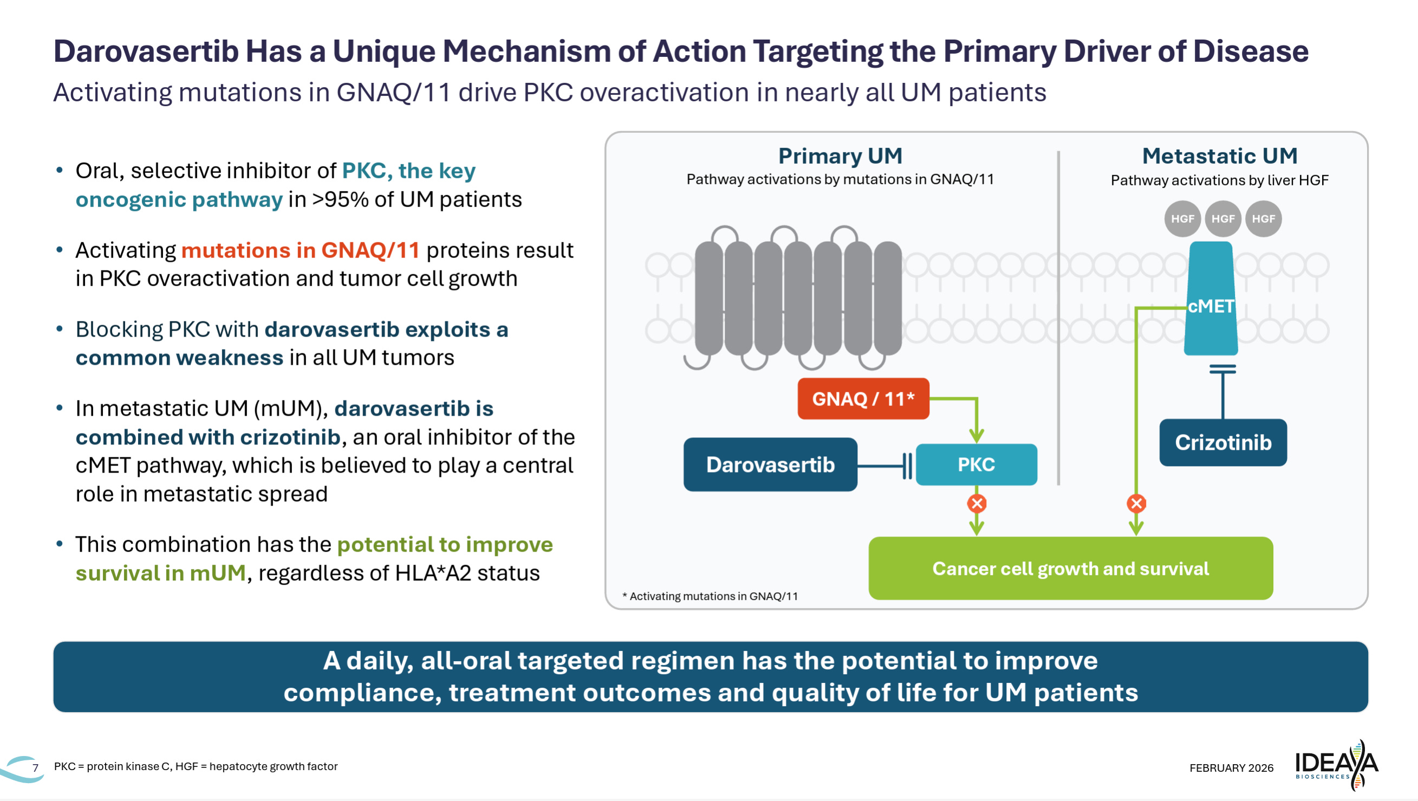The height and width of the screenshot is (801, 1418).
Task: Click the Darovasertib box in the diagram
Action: click(770, 464)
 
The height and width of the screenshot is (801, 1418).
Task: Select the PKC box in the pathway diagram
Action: click(976, 464)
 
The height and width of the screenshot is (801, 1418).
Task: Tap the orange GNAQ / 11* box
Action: click(863, 398)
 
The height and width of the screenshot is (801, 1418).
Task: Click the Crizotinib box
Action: click(1222, 442)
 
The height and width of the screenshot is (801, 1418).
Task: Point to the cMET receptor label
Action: click(1211, 306)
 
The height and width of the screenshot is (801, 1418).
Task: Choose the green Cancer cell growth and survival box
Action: click(1070, 568)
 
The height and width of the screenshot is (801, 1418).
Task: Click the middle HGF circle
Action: click(1222, 219)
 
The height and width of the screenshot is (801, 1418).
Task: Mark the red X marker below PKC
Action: click(977, 503)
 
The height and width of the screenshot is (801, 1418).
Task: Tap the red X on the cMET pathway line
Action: click(1136, 503)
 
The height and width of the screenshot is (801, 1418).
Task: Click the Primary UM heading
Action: click(840, 156)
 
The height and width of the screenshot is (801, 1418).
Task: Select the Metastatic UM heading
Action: click(1219, 156)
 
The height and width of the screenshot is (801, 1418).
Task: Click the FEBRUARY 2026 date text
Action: click(1231, 767)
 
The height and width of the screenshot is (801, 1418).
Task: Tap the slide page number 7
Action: click(35, 767)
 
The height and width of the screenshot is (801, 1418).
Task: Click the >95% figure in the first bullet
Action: click(340, 199)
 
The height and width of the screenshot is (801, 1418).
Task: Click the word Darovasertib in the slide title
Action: click(145, 51)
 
